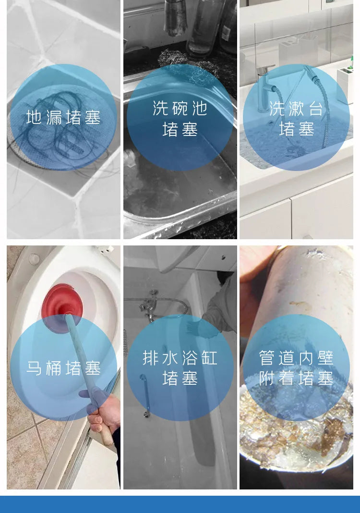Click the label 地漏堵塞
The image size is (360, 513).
tap(63, 118)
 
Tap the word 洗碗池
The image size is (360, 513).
tap(180, 108)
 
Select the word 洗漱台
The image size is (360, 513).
tap(296, 108)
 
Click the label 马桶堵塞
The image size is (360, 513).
tap(63, 368)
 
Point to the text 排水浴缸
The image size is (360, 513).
tap(180, 357)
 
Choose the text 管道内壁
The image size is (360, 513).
tap(296, 357)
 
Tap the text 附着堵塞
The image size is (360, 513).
tap(296, 379)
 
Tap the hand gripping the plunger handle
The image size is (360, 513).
tap(103, 412)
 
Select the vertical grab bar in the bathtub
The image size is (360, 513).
tap(145, 396)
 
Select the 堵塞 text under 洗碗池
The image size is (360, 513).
tap(180, 129)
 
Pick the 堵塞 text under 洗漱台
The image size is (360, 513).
tap(296, 129)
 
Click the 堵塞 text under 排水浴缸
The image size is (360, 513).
tap(180, 379)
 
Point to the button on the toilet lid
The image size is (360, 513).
tap(34, 259)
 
